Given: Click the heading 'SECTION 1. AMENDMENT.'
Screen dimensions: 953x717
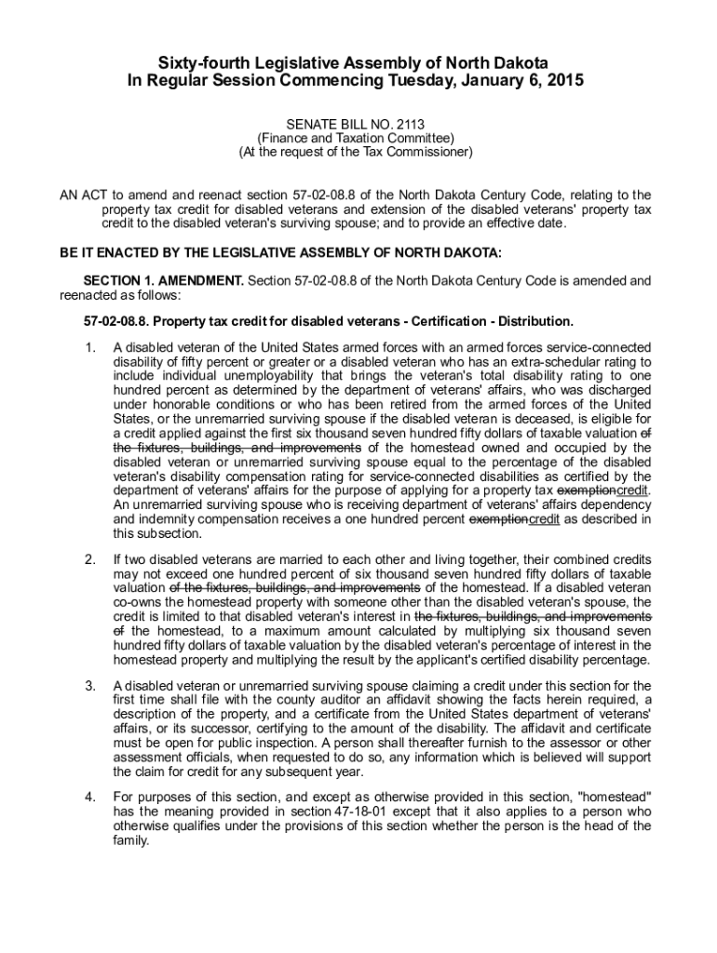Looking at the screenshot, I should pos(163,280).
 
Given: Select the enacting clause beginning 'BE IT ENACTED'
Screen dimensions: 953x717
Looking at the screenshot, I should pos(280,252).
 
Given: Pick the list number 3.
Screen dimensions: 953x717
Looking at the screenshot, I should pos(88,687).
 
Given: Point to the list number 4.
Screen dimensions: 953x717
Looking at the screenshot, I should pos(88,798).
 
